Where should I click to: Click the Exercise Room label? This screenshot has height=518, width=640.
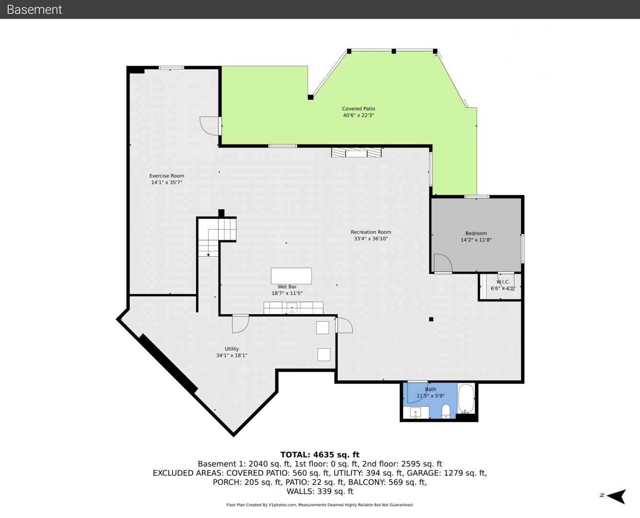166,176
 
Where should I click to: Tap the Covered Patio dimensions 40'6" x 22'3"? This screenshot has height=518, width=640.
359,115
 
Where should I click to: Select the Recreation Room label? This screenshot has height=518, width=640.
371,232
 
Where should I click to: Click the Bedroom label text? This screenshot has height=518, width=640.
476,233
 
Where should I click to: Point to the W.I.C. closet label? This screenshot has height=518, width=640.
503,282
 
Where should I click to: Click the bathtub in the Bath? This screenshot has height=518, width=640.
466,399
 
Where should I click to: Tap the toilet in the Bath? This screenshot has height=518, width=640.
446,411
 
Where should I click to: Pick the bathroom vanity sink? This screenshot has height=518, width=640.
416,412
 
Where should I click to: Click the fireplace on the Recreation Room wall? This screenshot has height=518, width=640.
356,152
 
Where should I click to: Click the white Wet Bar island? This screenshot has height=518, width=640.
291,276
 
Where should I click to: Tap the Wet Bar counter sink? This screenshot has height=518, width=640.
292,308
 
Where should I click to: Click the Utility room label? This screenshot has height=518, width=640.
232,349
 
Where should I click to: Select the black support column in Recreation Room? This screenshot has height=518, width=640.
431,319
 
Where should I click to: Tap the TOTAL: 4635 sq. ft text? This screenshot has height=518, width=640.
320,455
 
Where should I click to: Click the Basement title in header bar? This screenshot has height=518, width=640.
34,10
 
